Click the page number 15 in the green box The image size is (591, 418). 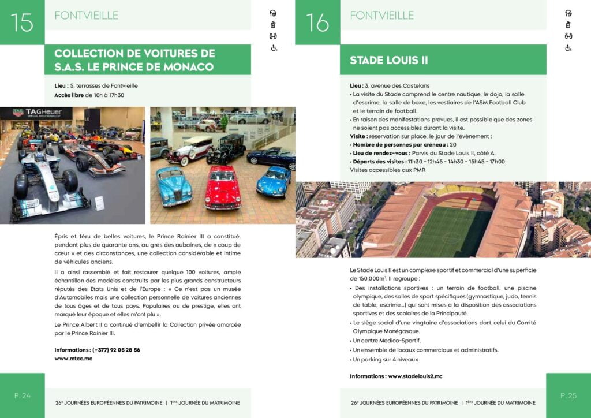click(22, 23)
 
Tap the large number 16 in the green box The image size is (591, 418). click(317, 23)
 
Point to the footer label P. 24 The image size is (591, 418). click(23, 395)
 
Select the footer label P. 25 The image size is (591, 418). click(568, 395)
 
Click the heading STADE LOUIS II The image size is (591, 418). click(388, 60)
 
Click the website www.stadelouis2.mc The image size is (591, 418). click(415, 376)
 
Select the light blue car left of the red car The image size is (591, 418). click(174, 185)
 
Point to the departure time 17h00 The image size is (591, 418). click(495, 162)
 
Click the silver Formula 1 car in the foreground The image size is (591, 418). click(49, 185)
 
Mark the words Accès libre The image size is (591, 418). click(69, 95)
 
